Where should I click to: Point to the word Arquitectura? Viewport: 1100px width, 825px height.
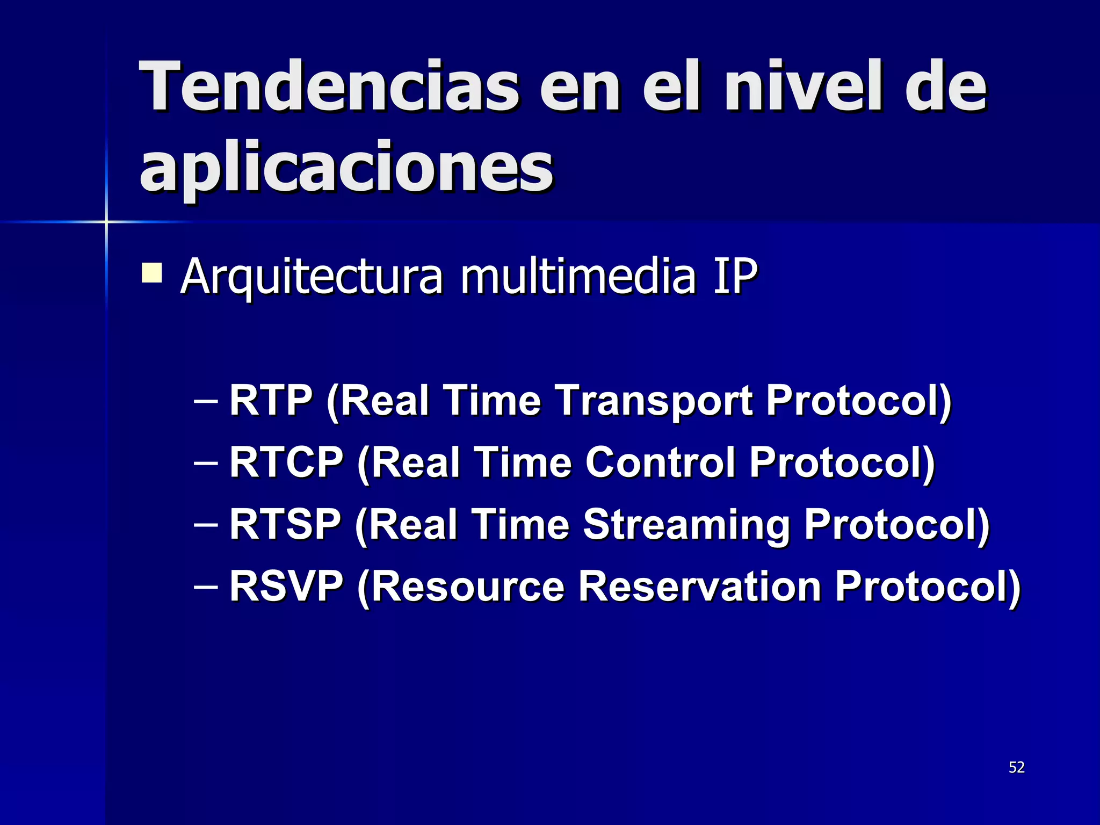312,277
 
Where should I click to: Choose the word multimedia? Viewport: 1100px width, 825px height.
578,276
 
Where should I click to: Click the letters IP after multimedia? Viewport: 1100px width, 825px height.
735,276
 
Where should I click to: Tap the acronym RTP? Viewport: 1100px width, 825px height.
271,400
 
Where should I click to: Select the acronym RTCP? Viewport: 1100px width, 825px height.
286,462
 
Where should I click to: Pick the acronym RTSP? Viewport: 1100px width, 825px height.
285,524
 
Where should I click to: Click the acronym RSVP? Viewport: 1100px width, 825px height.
286,586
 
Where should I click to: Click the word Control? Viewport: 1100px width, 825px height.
660,462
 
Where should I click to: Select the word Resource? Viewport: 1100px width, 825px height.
467,586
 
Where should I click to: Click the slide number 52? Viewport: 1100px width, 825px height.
1016,767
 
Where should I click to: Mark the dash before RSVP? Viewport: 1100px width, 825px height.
206,586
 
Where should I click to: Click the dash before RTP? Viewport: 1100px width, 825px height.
206,401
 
